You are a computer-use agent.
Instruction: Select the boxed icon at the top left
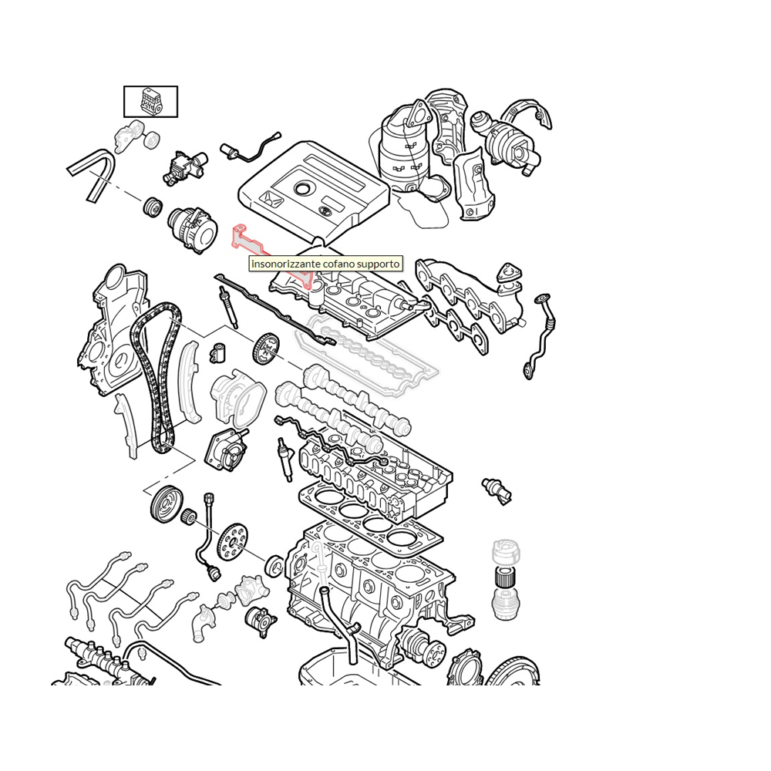[x=151, y=101]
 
